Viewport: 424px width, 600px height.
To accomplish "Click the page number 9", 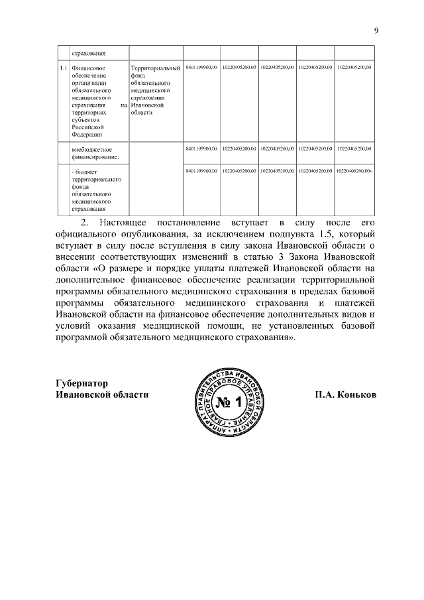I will [x=376, y=30].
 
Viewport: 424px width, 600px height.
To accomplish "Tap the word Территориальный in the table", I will [x=156, y=68].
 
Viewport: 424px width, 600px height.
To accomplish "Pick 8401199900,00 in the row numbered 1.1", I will [x=202, y=68].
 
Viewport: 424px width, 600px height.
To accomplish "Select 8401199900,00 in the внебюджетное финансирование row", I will [x=202, y=149].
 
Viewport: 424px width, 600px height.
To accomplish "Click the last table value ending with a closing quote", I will [x=355, y=171].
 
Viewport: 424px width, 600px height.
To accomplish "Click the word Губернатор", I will [x=81, y=383].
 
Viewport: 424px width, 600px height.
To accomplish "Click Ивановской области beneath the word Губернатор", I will [x=101, y=394].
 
